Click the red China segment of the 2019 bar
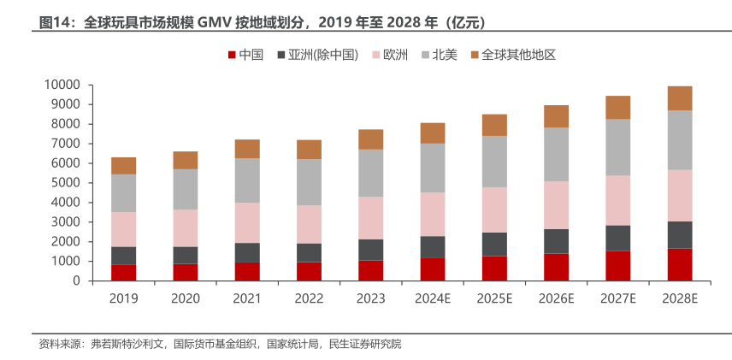pos(123,272)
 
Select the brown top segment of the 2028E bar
pos(679,98)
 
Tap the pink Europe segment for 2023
pos(370,218)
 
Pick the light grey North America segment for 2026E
pos(556,154)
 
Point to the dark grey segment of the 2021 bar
pos(247,252)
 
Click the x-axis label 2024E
pos(432,298)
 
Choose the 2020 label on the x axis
pos(185,298)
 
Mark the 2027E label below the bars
pos(617,298)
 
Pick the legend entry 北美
pos(445,55)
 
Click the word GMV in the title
pos(217,21)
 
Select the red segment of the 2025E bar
pos(494,268)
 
